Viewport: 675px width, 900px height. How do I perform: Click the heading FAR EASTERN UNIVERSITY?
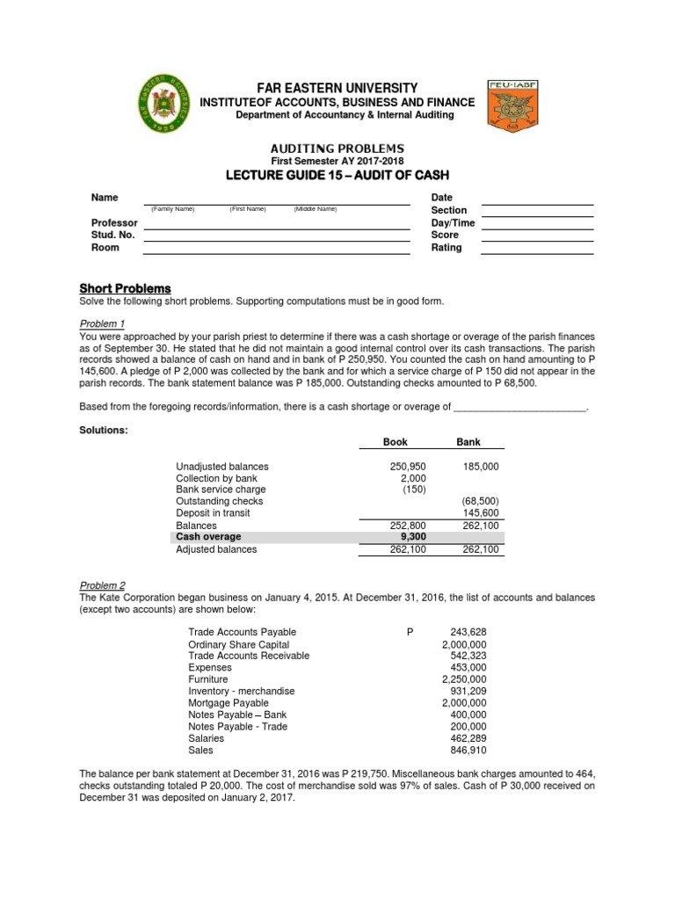(x=337, y=88)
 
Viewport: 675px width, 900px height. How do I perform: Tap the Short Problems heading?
(x=125, y=289)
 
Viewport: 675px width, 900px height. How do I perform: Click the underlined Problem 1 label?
(x=103, y=324)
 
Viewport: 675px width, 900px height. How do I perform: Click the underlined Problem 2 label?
(x=103, y=584)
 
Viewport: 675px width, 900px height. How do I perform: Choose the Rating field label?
(x=446, y=248)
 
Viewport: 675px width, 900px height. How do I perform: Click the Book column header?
(x=395, y=442)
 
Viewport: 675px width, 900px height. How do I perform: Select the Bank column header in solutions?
(x=468, y=442)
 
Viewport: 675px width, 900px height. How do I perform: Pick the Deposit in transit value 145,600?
(x=481, y=513)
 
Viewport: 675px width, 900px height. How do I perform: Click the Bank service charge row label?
(x=221, y=490)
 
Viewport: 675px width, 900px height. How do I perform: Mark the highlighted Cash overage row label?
(x=208, y=537)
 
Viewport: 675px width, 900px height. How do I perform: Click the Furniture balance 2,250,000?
(x=463, y=679)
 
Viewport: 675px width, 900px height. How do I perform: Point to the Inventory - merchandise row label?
(x=242, y=692)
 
